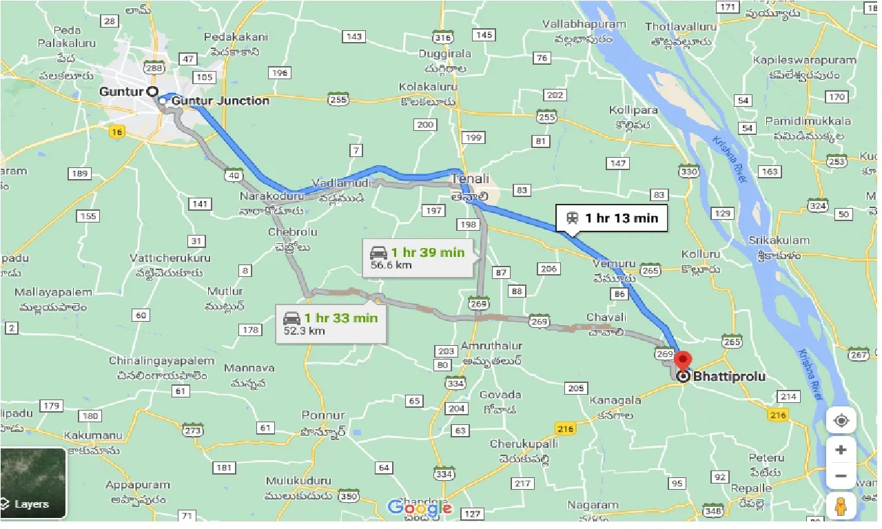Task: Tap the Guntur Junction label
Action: point(220,101)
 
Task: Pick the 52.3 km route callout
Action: point(331,324)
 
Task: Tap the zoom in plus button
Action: point(841,450)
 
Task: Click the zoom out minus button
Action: point(841,476)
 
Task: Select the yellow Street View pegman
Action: point(841,506)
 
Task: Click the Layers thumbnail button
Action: point(33,483)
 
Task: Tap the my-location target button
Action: point(841,420)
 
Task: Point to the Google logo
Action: point(420,508)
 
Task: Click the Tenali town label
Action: point(470,179)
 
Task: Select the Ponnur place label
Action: point(323,415)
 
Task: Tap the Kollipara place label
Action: point(633,110)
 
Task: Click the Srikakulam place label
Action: point(779,240)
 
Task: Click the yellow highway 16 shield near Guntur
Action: point(116,132)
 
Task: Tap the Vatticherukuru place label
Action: point(170,258)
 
